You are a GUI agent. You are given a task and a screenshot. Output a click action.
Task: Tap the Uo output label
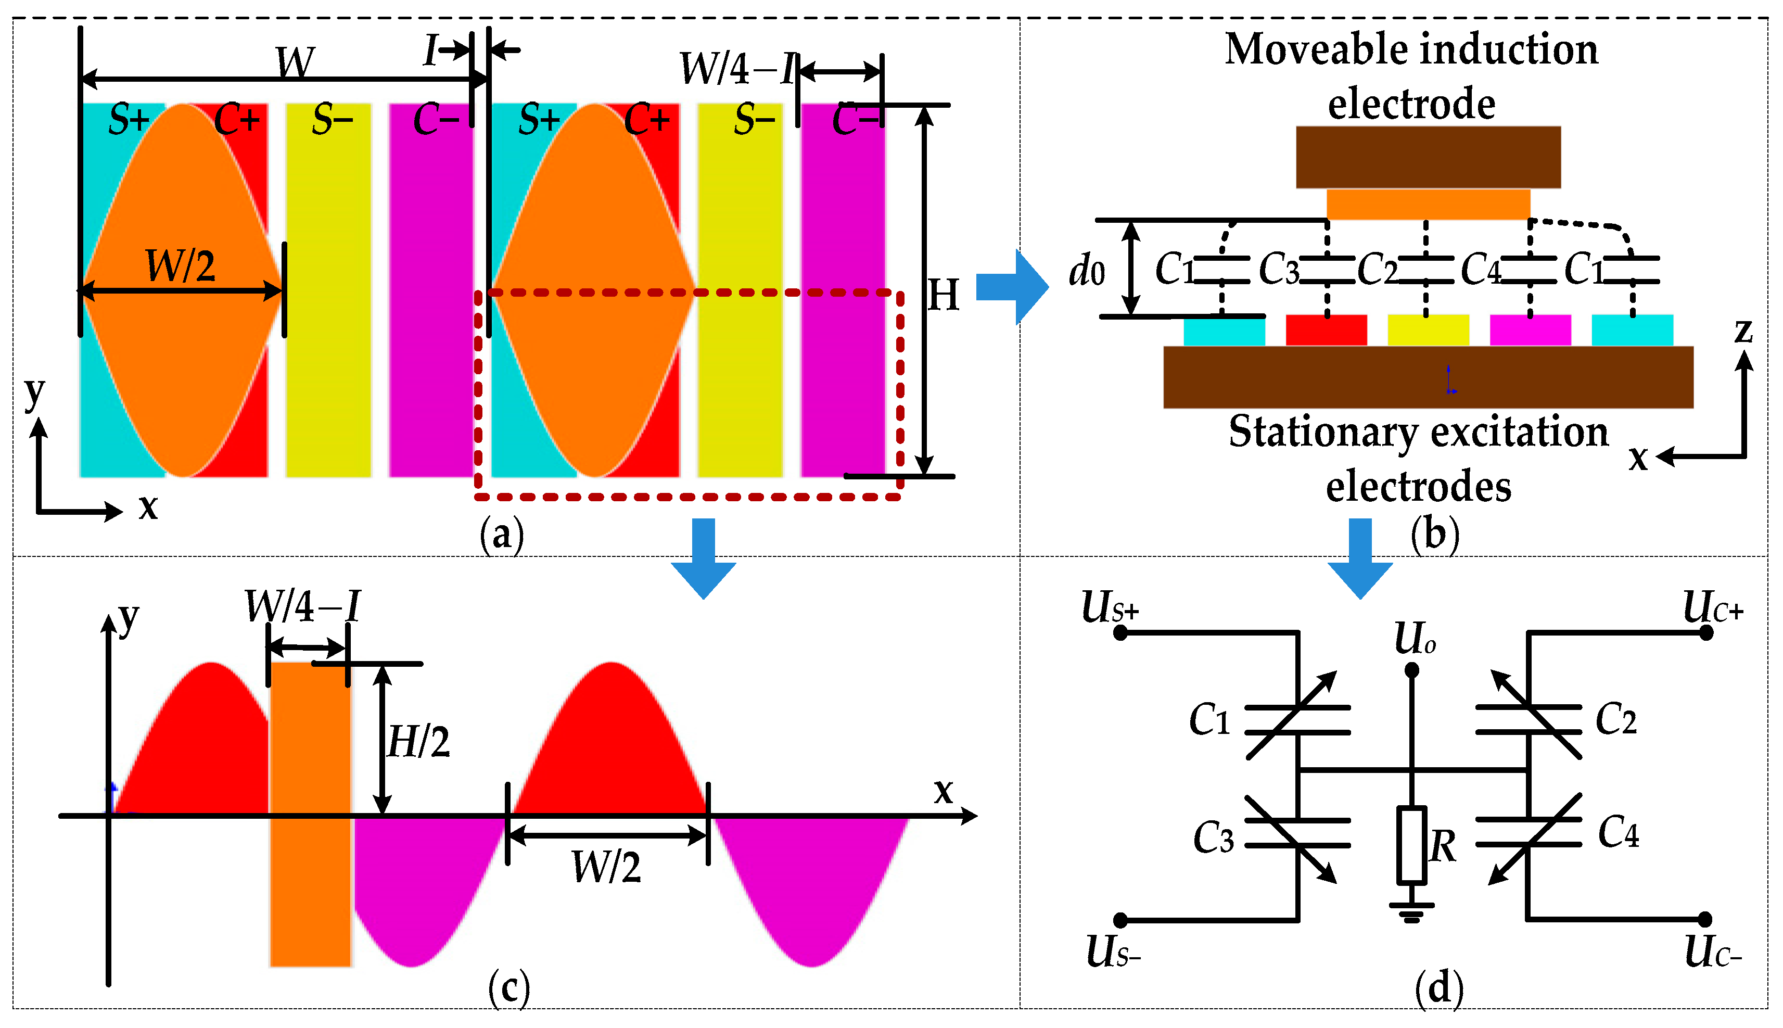point(1414,639)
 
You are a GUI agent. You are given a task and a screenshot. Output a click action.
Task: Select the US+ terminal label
point(1109,608)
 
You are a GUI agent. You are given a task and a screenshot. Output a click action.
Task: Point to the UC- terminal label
point(1712,953)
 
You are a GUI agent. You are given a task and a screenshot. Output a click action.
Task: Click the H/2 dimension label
point(418,742)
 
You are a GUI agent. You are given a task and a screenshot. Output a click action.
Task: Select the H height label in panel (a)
point(943,295)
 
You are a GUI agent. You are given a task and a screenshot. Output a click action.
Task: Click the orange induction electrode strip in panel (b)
point(1428,204)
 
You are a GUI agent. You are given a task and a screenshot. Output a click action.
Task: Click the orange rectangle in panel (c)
point(311,812)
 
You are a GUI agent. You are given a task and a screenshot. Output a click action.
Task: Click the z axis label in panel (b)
point(1743,331)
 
